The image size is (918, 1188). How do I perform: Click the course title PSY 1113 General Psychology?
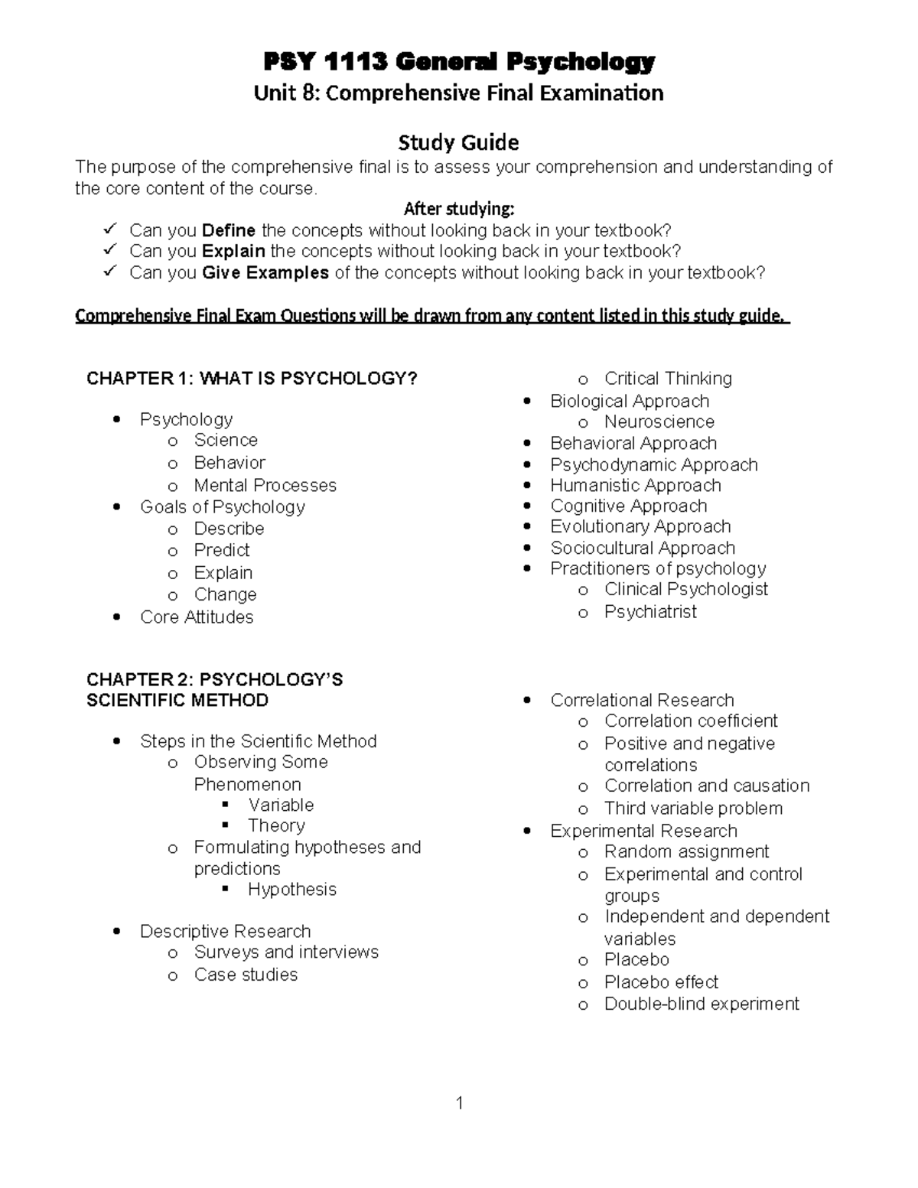(x=459, y=61)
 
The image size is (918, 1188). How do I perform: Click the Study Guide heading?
(x=458, y=142)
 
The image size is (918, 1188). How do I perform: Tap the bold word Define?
(x=229, y=230)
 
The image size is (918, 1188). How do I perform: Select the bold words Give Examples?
(x=265, y=273)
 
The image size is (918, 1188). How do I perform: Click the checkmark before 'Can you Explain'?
(x=110, y=250)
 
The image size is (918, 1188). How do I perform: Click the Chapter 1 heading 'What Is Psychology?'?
(x=252, y=379)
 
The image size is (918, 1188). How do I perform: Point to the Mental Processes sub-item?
(x=265, y=485)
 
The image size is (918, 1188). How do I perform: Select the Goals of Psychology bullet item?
(x=222, y=506)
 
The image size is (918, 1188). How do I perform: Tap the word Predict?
(x=222, y=550)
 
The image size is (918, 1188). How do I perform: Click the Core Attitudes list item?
(x=197, y=617)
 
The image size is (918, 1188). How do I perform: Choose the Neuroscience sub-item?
(x=659, y=421)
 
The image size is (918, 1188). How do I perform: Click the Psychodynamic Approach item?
(x=653, y=464)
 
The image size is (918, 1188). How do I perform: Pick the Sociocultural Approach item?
(x=643, y=548)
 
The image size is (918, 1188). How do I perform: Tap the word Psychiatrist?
(x=650, y=611)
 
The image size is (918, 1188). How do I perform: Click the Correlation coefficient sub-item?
(x=690, y=721)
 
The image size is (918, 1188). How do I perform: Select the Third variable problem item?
(x=693, y=808)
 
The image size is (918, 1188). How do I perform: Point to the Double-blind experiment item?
(x=702, y=1004)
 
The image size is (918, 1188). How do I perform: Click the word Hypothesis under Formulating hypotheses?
(x=291, y=889)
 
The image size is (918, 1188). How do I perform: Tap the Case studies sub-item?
(x=246, y=975)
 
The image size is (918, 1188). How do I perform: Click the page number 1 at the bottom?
(x=459, y=1102)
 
